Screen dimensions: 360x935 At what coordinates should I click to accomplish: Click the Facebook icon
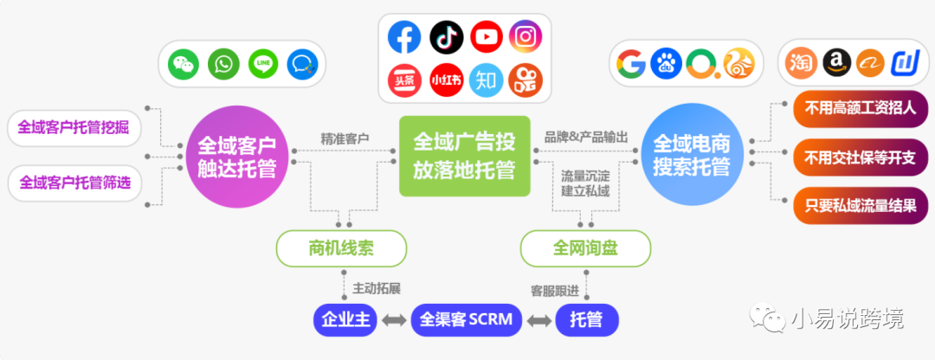[404, 38]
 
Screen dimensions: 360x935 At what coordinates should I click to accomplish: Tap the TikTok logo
[445, 38]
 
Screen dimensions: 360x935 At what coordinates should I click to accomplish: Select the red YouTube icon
[487, 38]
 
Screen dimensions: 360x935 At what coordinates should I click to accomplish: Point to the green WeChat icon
[184, 64]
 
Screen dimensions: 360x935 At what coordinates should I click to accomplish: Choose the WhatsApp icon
[224, 64]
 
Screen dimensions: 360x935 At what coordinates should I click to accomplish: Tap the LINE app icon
[263, 64]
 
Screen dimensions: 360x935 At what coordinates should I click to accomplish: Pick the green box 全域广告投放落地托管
[464, 156]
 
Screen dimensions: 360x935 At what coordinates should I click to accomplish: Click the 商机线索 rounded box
[341, 249]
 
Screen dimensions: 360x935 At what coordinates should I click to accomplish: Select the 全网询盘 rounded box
[585, 249]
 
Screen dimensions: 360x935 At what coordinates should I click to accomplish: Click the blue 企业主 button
[345, 320]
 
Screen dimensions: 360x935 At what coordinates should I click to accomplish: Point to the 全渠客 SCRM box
[466, 320]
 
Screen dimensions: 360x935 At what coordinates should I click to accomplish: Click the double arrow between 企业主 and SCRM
[394, 321]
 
